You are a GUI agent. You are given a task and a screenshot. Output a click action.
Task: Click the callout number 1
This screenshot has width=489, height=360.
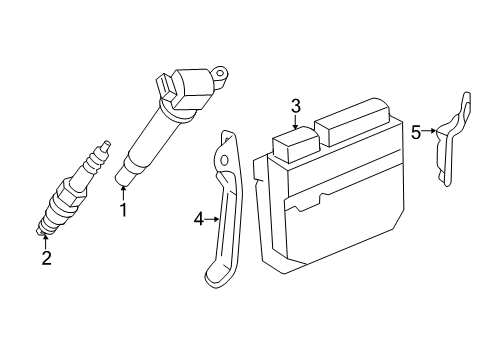click(123, 210)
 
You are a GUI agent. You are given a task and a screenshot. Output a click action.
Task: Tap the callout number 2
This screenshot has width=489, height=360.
click(46, 259)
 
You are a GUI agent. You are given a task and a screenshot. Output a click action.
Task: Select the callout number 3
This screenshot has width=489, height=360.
click(296, 105)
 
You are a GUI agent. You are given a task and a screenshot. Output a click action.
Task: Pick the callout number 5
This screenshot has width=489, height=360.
click(416, 130)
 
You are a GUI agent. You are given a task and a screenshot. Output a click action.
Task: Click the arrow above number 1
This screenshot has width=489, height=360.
click(123, 193)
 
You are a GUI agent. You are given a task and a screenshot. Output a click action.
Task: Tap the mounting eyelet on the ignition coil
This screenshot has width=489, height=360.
click(220, 71)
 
